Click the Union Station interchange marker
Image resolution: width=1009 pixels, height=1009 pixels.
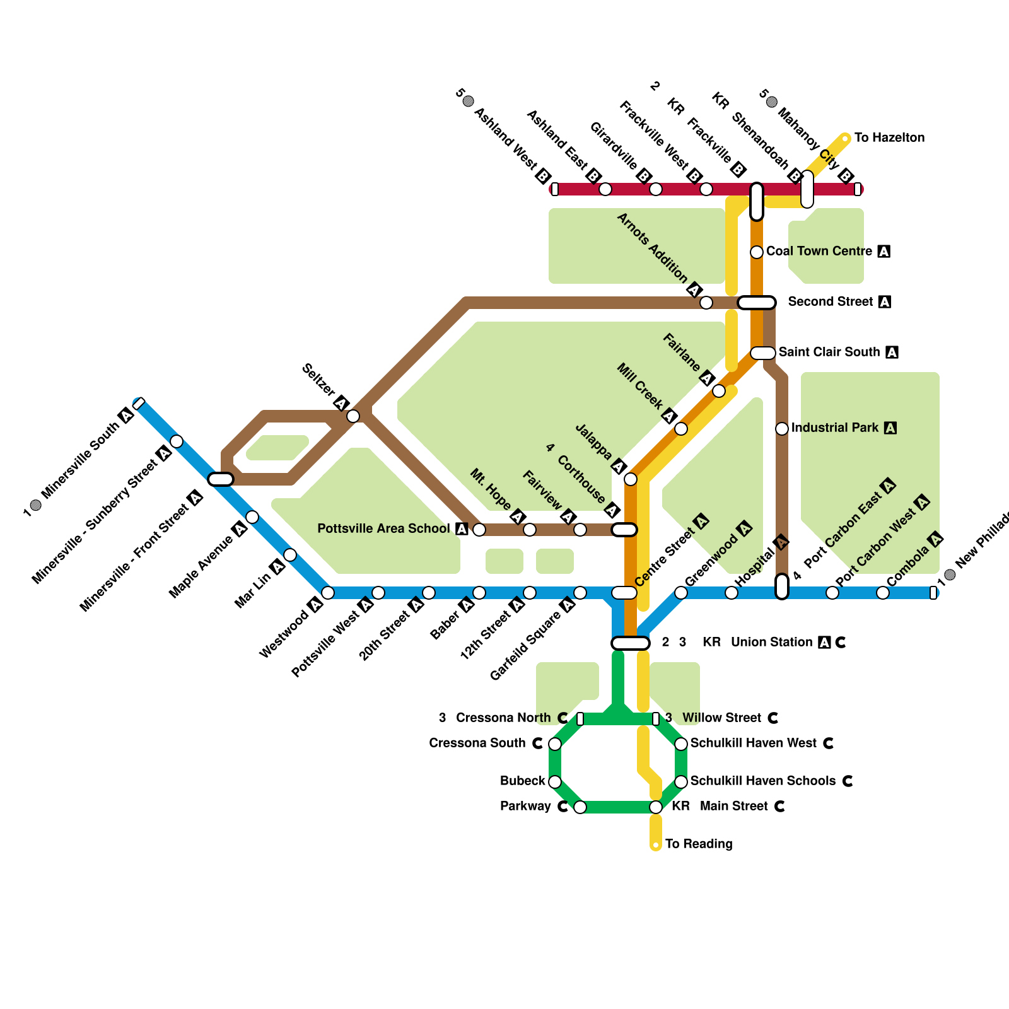click(630, 643)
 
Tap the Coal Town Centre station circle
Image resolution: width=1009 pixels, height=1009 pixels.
click(757, 252)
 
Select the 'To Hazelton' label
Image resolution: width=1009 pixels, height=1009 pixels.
click(889, 137)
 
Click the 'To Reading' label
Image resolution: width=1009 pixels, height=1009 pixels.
click(699, 844)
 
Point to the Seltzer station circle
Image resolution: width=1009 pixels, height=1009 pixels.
click(353, 416)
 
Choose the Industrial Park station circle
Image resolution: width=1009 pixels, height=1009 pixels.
click(782, 429)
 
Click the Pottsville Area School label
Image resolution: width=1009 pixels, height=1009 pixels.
click(383, 528)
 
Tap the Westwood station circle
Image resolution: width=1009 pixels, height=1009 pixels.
click(328, 593)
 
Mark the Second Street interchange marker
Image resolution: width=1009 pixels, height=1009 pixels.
click(757, 303)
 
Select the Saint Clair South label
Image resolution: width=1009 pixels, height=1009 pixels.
click(829, 352)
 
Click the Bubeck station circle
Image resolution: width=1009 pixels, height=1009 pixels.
click(555, 782)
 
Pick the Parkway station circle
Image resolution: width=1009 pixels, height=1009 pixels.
click(580, 807)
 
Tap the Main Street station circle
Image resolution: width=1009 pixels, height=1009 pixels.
click(656, 807)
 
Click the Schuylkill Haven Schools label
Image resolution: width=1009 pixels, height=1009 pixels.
click(762, 781)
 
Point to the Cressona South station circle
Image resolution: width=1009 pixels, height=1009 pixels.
click(555, 744)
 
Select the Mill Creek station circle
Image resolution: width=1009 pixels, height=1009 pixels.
click(681, 429)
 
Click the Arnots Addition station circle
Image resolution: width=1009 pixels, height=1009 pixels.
click(706, 303)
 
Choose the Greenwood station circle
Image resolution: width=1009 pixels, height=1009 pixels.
click(681, 593)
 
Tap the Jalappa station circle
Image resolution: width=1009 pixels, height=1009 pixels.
click(631, 479)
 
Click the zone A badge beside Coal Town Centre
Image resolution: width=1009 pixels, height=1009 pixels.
click(884, 252)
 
